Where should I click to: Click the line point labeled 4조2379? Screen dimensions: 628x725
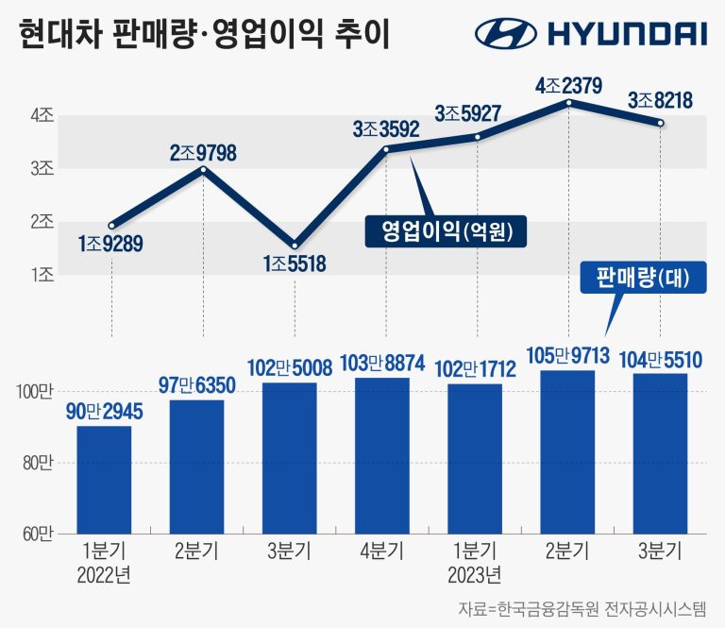point(568,102)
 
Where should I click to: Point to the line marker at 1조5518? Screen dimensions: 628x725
point(295,245)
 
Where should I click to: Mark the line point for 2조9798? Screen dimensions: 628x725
point(203,169)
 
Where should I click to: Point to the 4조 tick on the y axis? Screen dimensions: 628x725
point(41,116)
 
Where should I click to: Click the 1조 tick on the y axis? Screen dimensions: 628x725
point(41,275)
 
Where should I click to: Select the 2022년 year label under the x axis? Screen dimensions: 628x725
point(104,574)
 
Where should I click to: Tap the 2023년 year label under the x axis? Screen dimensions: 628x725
point(475,574)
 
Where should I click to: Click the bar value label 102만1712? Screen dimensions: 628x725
point(475,369)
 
